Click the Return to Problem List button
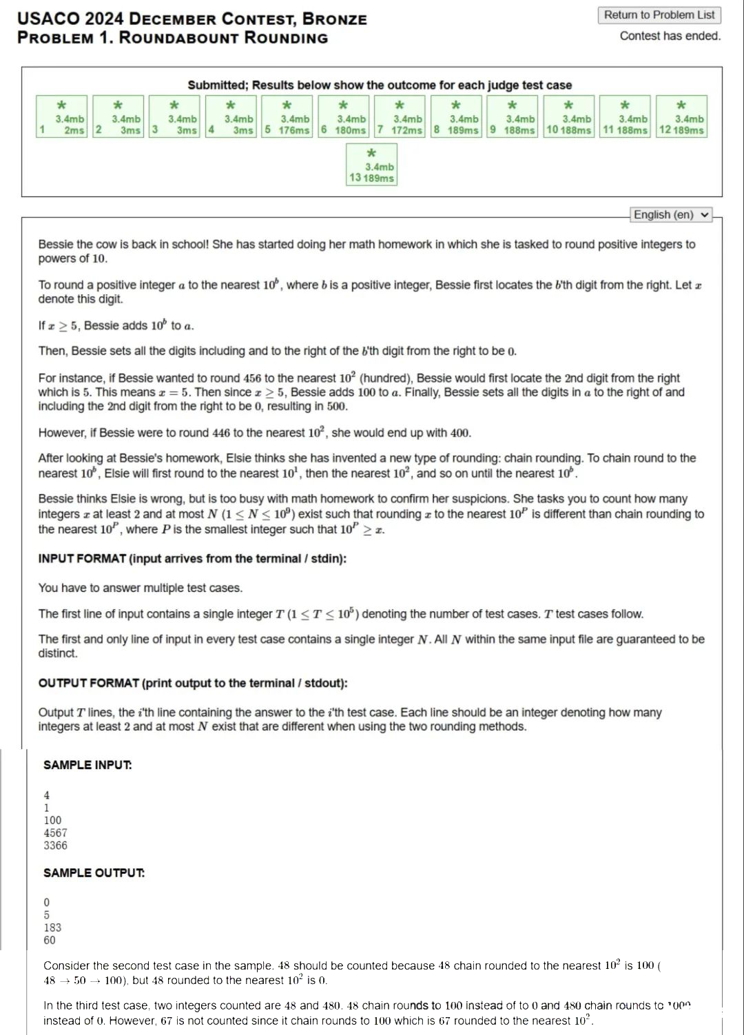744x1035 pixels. point(659,15)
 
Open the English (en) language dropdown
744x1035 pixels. point(671,214)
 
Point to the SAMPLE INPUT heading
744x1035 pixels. point(87,765)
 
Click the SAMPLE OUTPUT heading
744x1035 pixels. point(94,873)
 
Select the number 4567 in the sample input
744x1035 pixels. point(55,832)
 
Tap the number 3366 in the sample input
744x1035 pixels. point(55,846)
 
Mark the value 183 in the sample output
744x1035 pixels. point(52,928)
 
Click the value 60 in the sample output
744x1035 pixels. point(50,940)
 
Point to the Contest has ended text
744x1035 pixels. point(670,36)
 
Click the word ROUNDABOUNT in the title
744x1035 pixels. point(175,38)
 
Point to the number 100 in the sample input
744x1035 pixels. point(52,820)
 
